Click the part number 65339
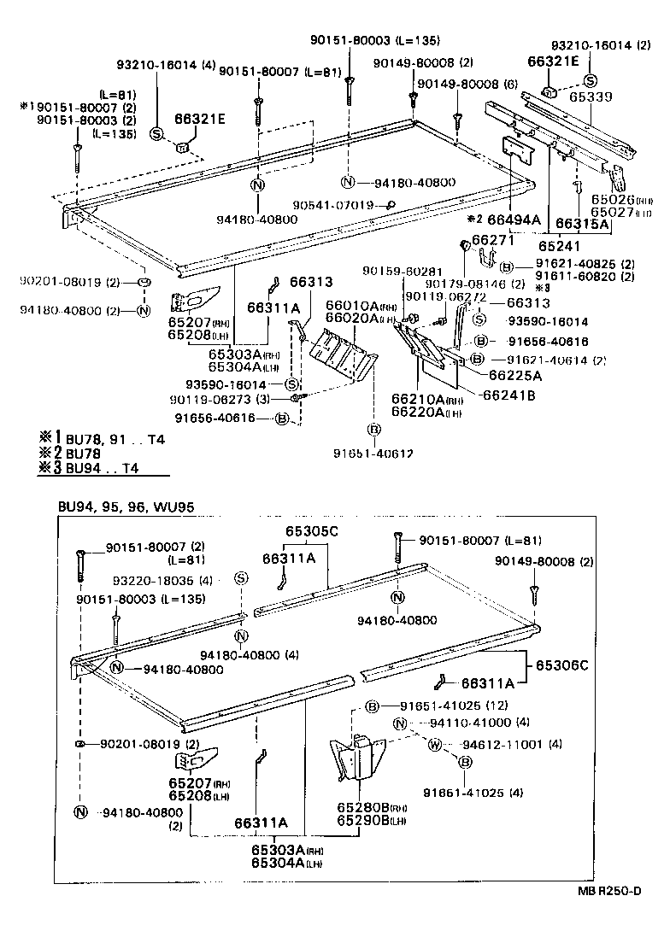coord(591,98)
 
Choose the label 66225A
coord(516,374)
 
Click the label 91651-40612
coord(374,454)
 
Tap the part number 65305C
coord(312,531)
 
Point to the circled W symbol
coord(434,745)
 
